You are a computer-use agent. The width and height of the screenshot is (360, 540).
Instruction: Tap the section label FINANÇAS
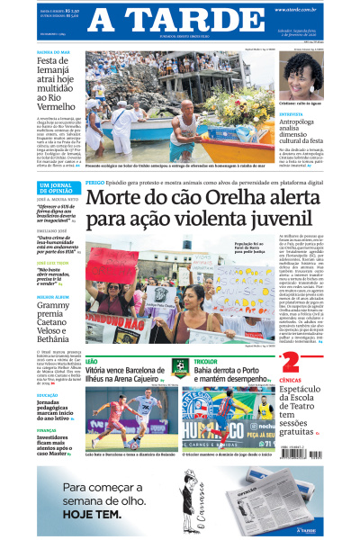click(49, 431)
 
